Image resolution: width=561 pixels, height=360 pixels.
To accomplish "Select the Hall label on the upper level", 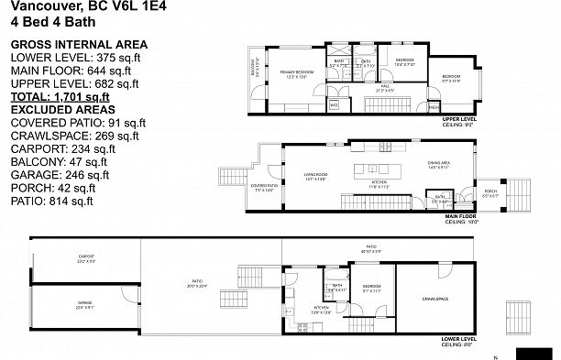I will (x=359, y=89).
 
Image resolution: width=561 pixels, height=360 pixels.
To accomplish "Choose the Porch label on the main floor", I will (x=490, y=193).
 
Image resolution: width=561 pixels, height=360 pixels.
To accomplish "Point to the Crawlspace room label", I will (x=434, y=299).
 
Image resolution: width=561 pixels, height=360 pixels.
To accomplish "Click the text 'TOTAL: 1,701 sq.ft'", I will (x=60, y=95).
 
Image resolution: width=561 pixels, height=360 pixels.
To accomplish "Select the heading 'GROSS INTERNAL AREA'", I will (x=76, y=45).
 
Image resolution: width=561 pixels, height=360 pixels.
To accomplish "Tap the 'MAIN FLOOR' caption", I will (x=460, y=217).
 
